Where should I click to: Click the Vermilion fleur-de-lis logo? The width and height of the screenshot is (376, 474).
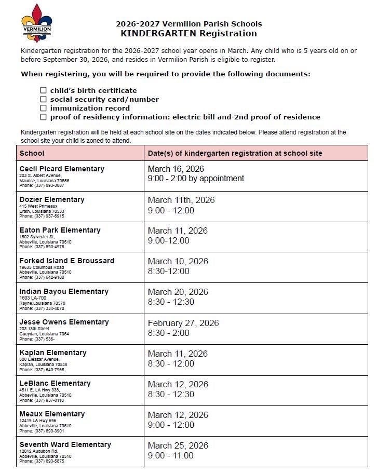[36, 23]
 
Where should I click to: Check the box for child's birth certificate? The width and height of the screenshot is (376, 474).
[44, 90]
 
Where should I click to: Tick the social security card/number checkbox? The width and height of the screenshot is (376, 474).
[44, 99]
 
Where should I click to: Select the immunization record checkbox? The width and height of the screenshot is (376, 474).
[44, 108]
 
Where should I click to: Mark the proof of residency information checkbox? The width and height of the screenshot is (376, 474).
[44, 117]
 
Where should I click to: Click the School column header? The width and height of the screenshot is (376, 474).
[32, 153]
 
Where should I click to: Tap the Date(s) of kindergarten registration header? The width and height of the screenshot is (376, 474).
[235, 153]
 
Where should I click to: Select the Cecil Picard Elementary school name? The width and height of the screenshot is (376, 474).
[62, 169]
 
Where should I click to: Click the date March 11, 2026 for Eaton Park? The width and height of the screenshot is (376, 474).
[178, 231]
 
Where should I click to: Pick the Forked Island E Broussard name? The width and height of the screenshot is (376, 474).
[67, 261]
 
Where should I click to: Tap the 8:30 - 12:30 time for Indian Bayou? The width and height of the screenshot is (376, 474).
[171, 302]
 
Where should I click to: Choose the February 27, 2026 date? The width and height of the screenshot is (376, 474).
[183, 323]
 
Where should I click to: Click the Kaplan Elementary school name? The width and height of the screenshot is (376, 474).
[53, 353]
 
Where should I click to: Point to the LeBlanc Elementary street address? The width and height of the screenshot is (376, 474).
[39, 390]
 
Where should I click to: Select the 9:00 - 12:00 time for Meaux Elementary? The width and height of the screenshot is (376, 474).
[171, 425]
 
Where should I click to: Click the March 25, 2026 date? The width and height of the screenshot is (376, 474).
[178, 445]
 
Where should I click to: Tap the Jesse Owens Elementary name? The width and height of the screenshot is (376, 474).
[64, 322]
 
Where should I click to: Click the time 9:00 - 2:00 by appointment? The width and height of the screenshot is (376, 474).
[196, 179]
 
